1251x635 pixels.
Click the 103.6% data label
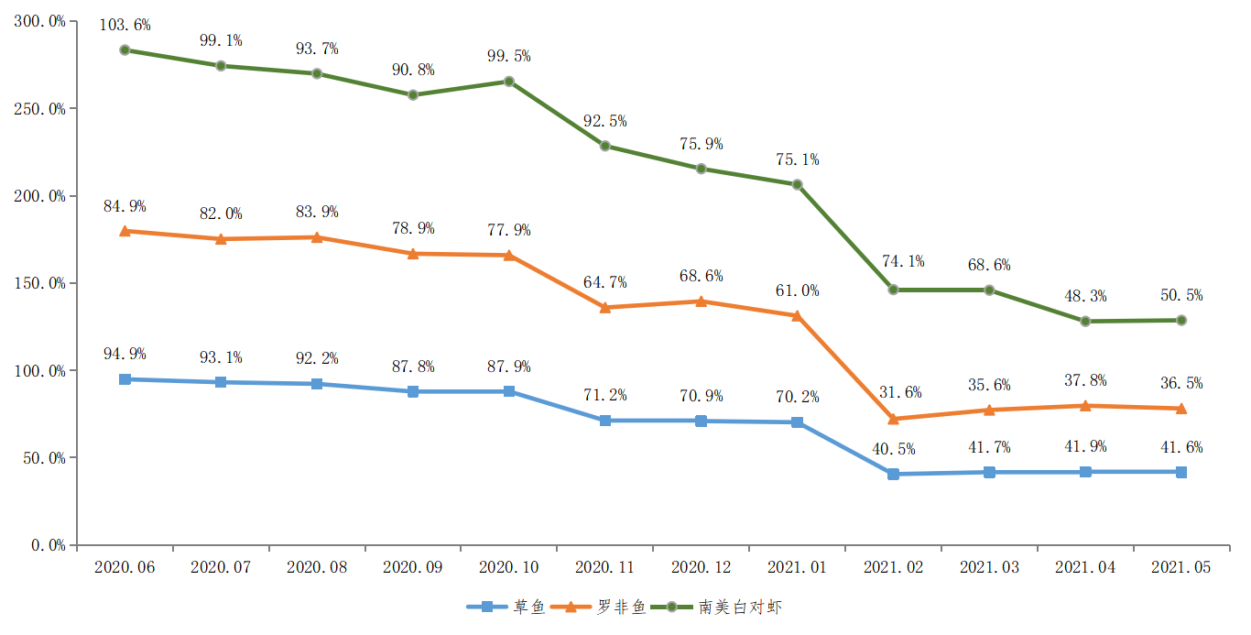pyautogui.click(x=125, y=26)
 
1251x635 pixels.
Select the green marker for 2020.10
pyautogui.click(x=509, y=82)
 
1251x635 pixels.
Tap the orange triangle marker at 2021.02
pyautogui.click(x=893, y=419)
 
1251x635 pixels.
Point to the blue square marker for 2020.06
pyautogui.click(x=125, y=379)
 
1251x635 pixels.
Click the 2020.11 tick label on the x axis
pyautogui.click(x=604, y=567)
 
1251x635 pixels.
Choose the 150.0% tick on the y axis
pyautogui.click(x=40, y=283)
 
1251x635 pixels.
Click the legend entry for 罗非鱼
pyautogui.click(x=604, y=607)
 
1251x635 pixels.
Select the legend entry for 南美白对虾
pyautogui.click(x=724, y=607)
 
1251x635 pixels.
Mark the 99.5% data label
pyautogui.click(x=509, y=57)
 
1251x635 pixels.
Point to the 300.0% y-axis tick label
pyautogui.click(x=40, y=21)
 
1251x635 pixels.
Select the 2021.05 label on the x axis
pyautogui.click(x=1180, y=567)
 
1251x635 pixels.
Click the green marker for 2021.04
pyautogui.click(x=1085, y=322)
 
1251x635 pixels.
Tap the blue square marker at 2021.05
pyautogui.click(x=1181, y=472)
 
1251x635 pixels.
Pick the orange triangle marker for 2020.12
pyautogui.click(x=702, y=301)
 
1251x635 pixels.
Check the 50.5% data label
pyautogui.click(x=1181, y=295)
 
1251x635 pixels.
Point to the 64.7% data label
pyautogui.click(x=605, y=281)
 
